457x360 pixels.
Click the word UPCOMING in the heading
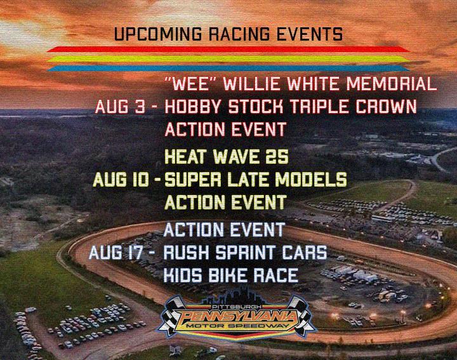click(x=157, y=34)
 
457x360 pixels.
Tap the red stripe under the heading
click(x=228, y=50)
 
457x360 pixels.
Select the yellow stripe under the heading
click(x=228, y=59)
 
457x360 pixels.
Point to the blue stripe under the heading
click(x=228, y=69)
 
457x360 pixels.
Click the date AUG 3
click(x=120, y=107)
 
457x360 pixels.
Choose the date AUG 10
click(x=121, y=179)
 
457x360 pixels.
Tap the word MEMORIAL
click(x=392, y=84)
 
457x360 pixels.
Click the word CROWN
click(x=386, y=107)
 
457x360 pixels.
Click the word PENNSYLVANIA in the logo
click(x=238, y=316)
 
